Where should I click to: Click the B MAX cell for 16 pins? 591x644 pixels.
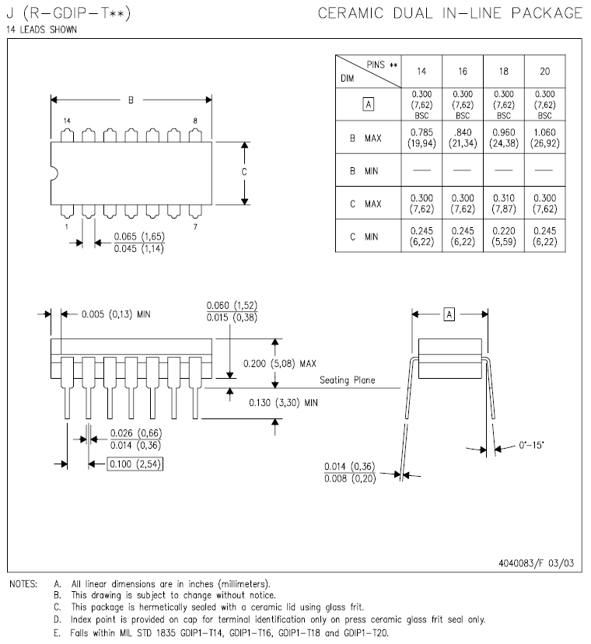(x=463, y=138)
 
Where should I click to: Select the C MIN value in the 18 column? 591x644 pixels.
(x=504, y=236)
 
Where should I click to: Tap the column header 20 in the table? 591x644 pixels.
(x=544, y=71)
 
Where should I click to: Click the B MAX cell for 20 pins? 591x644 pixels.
(x=544, y=138)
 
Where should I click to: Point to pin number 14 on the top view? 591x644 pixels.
(x=67, y=121)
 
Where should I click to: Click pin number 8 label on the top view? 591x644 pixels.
(x=194, y=121)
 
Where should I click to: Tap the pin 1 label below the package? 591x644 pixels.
(x=67, y=226)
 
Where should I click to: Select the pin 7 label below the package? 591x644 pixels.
(x=194, y=226)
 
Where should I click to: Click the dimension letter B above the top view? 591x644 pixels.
(x=131, y=100)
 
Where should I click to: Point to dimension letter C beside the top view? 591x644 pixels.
(x=244, y=172)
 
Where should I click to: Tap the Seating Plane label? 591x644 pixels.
(x=347, y=380)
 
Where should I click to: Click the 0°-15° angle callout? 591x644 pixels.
(x=531, y=445)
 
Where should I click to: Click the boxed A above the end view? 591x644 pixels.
(x=449, y=314)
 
